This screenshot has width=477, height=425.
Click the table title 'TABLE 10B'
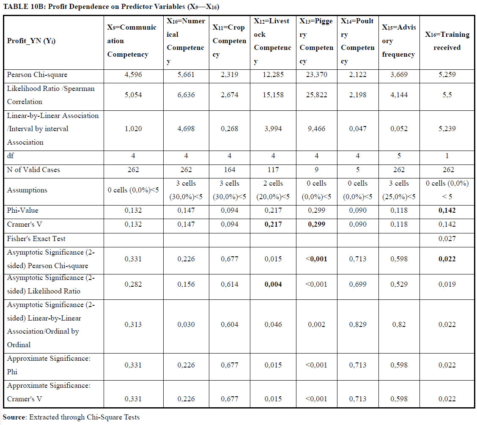point(23,7)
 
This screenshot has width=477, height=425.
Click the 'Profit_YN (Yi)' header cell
point(31,41)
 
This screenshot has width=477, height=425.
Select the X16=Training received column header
point(447,41)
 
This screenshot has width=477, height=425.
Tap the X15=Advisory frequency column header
point(399,41)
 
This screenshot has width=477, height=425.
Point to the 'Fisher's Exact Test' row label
point(36,239)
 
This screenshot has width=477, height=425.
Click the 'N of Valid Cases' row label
point(33,170)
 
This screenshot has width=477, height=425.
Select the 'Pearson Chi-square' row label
point(37,75)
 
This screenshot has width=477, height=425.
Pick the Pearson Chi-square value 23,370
point(316,75)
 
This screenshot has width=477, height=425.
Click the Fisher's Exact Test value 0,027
point(447,239)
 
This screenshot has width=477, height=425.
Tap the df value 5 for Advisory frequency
point(399,156)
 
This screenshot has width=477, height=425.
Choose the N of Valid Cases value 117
point(273,170)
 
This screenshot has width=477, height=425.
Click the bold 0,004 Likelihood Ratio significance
point(273,285)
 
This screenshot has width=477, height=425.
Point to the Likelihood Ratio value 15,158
point(273,95)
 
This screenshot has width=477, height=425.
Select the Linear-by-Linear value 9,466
point(316,129)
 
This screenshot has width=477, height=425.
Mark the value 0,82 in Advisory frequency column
point(399,325)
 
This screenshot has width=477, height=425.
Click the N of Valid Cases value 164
point(229,170)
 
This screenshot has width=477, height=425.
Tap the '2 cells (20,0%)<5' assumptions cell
point(273,190)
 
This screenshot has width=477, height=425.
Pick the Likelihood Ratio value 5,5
point(447,95)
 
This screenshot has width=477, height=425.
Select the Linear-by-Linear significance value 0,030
point(186,325)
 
